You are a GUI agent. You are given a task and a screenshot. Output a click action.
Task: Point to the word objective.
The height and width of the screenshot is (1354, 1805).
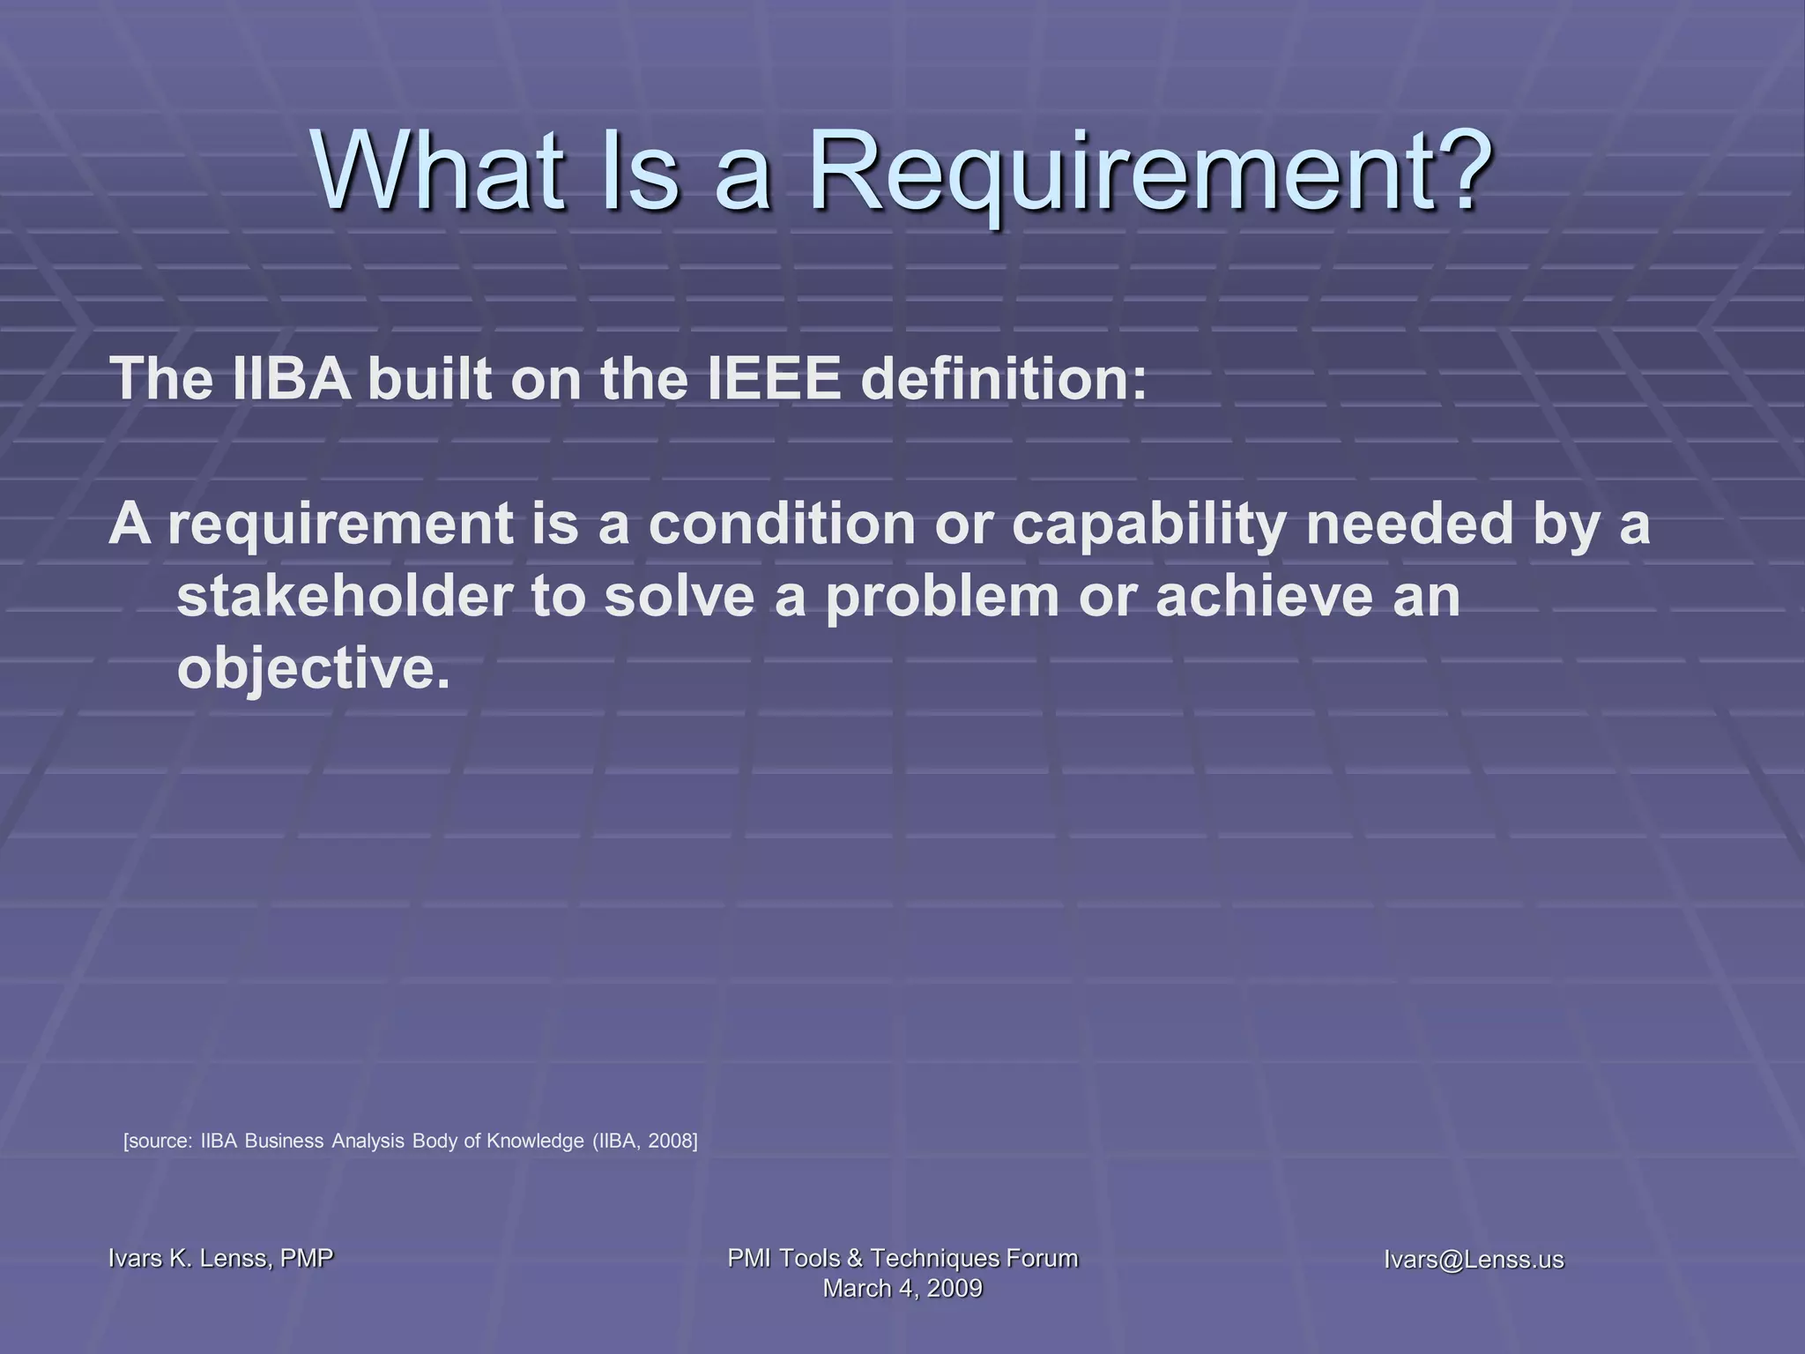tap(314, 670)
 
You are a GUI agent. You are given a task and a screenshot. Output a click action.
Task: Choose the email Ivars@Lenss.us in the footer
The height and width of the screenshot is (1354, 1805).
tap(1474, 1259)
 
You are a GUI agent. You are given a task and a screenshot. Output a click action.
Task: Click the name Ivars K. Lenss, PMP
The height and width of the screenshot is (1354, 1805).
tap(220, 1258)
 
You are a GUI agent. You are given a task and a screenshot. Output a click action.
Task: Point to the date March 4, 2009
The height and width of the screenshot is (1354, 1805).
tap(902, 1288)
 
